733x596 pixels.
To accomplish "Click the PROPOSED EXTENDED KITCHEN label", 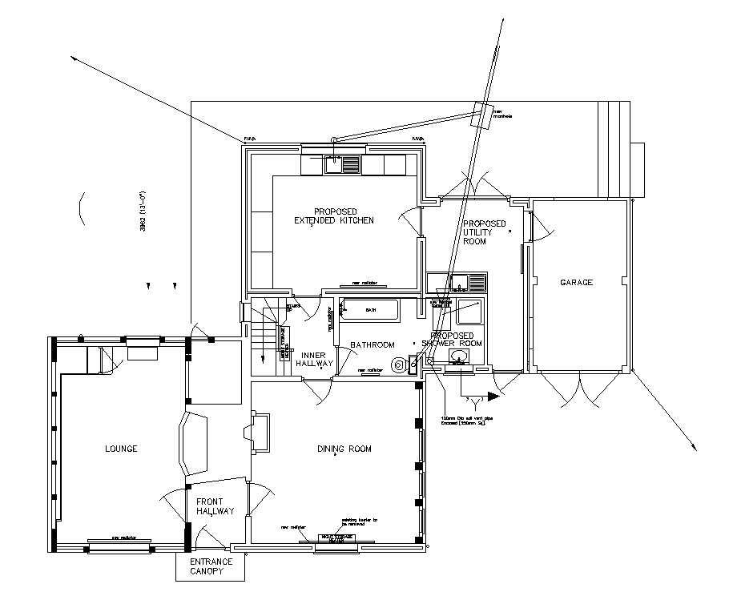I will (333, 215).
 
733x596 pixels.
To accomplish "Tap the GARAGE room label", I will (576, 282).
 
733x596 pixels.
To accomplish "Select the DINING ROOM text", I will (344, 449).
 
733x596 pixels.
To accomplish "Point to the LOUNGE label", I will (121, 449).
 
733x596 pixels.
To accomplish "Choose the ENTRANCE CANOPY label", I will (211, 566).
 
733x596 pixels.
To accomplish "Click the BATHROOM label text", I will (373, 344).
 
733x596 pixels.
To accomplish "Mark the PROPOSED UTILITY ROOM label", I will (485, 232).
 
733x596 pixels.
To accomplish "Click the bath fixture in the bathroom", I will (369, 309).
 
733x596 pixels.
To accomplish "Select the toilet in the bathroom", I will (398, 364).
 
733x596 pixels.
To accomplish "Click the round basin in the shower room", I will (457, 356).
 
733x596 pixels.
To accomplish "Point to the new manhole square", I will (482, 116).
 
